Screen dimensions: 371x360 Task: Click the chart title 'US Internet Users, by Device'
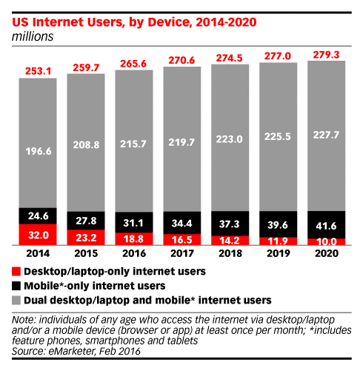click(111, 22)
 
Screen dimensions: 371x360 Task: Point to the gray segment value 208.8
click(87, 148)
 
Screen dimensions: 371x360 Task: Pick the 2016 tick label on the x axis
click(135, 253)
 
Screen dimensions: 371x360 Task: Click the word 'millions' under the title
click(32, 35)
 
